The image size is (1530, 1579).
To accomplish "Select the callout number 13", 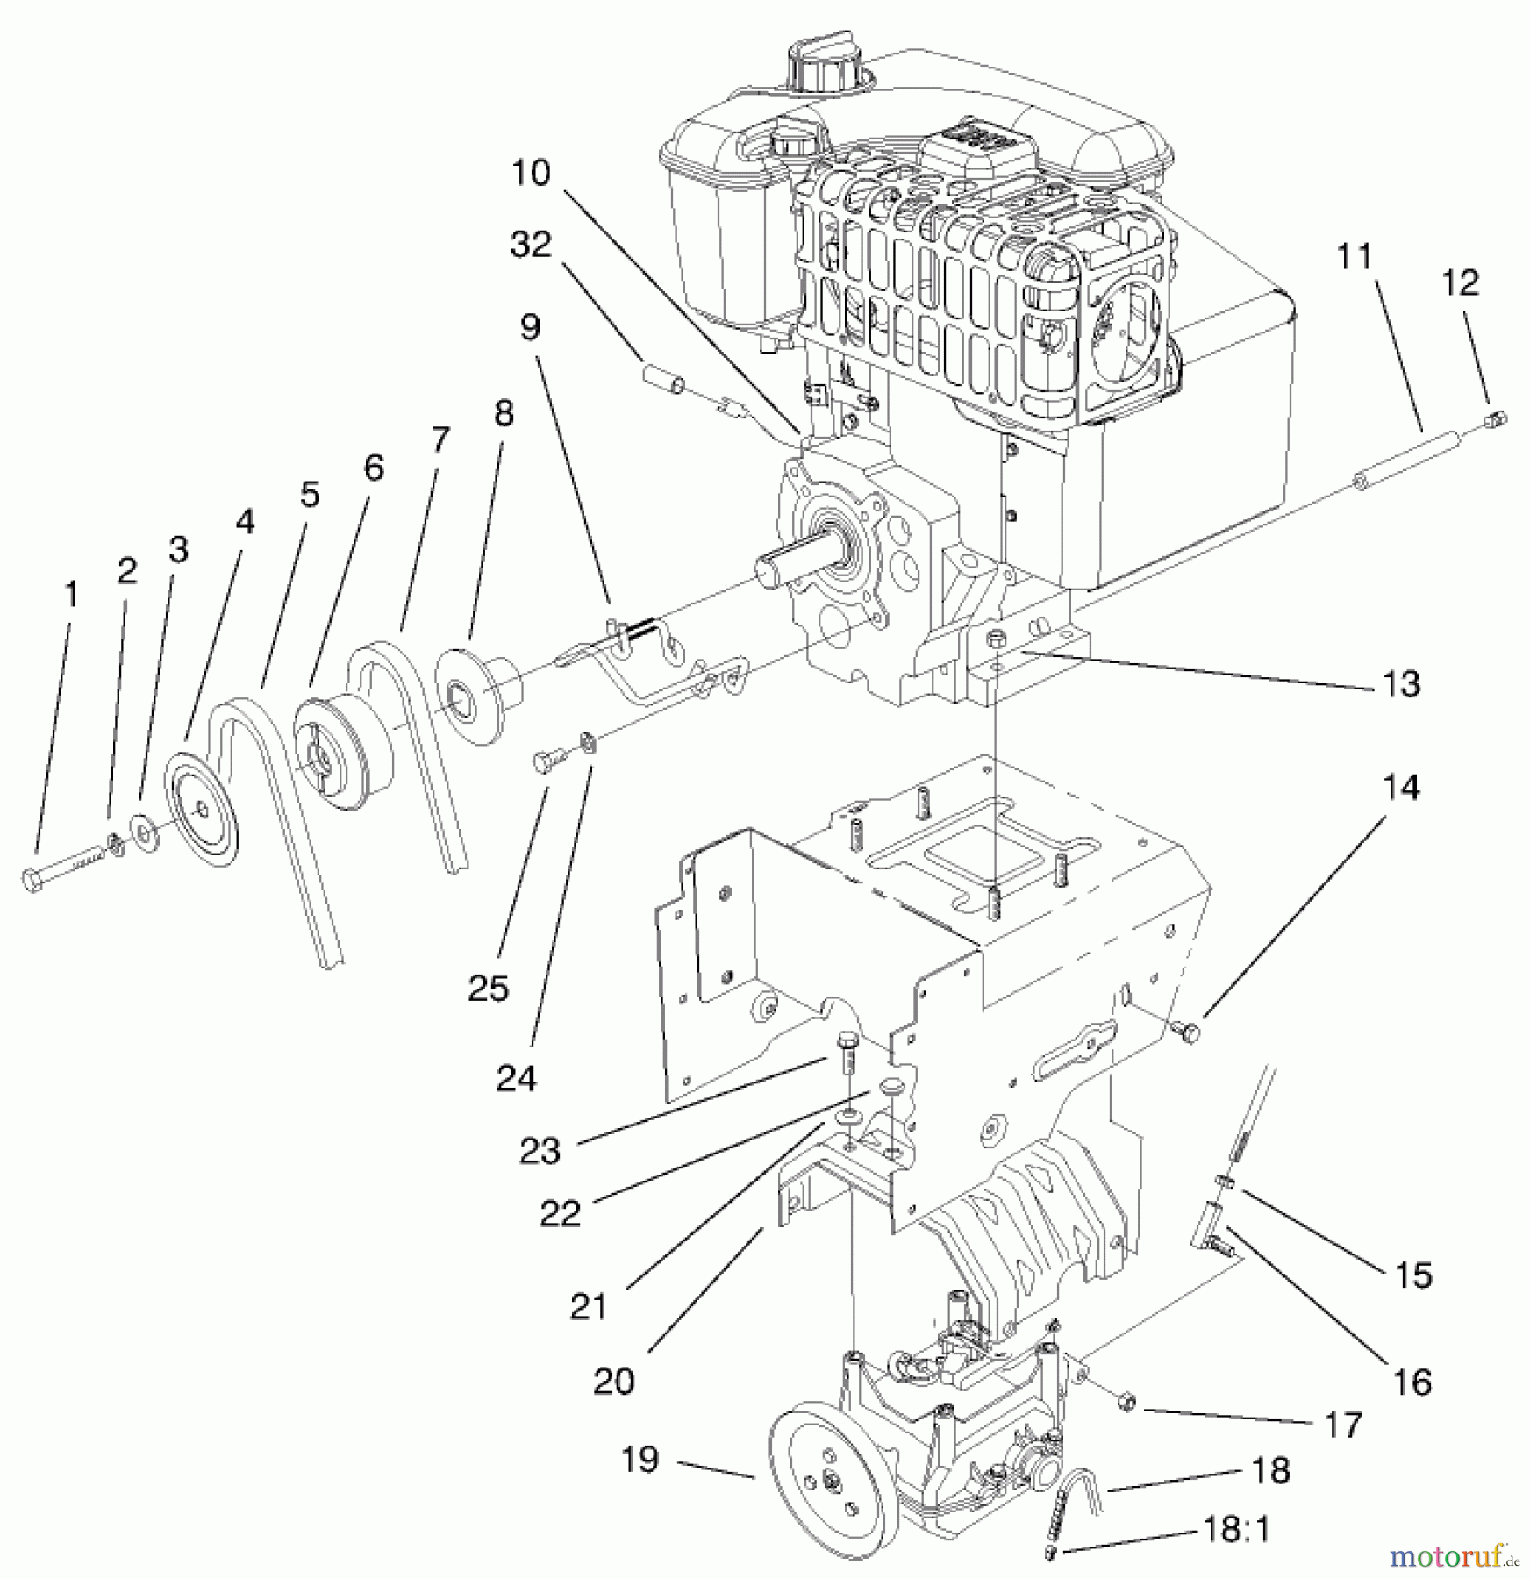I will [1401, 684].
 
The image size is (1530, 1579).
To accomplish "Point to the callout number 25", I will [489, 989].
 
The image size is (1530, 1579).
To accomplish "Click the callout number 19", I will [639, 1460].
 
